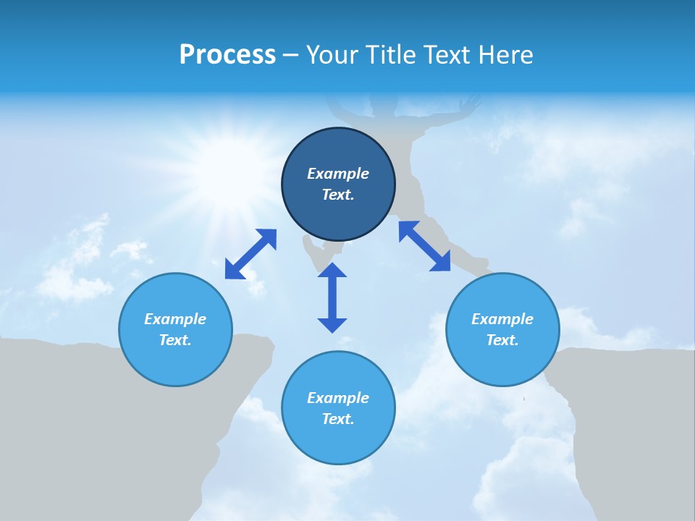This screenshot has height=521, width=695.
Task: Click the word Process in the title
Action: click(x=227, y=54)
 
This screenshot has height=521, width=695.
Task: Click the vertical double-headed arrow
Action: click(x=332, y=297)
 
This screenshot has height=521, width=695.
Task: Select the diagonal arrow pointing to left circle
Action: click(x=250, y=254)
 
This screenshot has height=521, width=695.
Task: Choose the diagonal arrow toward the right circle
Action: click(x=425, y=247)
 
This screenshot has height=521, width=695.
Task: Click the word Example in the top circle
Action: click(x=338, y=174)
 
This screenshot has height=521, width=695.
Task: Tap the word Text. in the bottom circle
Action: click(x=338, y=419)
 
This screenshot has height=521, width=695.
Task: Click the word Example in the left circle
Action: click(x=175, y=319)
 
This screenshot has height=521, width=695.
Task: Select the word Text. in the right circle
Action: click(x=502, y=340)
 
